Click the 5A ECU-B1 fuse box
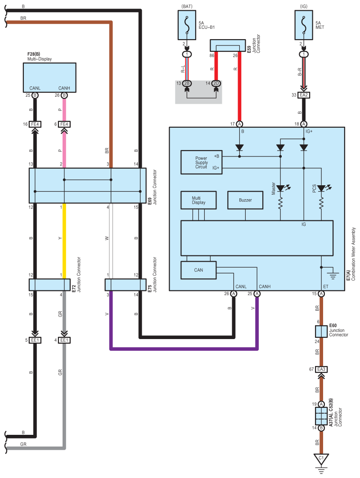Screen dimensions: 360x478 (187, 25)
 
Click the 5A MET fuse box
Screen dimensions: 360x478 (304, 25)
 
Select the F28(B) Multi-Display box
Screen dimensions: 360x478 (50, 77)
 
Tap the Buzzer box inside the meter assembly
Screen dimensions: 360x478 (245, 200)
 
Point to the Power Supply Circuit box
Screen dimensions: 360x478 (201, 162)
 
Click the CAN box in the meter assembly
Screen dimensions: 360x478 (198, 270)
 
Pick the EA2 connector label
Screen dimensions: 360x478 (304, 95)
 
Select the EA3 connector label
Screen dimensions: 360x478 (321, 369)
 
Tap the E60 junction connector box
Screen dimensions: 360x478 (321, 331)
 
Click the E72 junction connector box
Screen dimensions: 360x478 (50, 285)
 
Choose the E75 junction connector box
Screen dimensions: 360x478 (126, 285)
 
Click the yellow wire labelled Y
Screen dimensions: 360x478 (64, 241)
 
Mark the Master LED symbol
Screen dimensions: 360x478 (281, 188)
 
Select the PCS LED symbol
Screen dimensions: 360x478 (322, 188)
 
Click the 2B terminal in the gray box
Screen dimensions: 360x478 (187, 83)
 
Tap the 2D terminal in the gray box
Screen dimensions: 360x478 (216, 83)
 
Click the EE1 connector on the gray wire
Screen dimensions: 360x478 (64, 340)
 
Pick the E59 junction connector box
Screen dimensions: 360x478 (228, 45)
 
